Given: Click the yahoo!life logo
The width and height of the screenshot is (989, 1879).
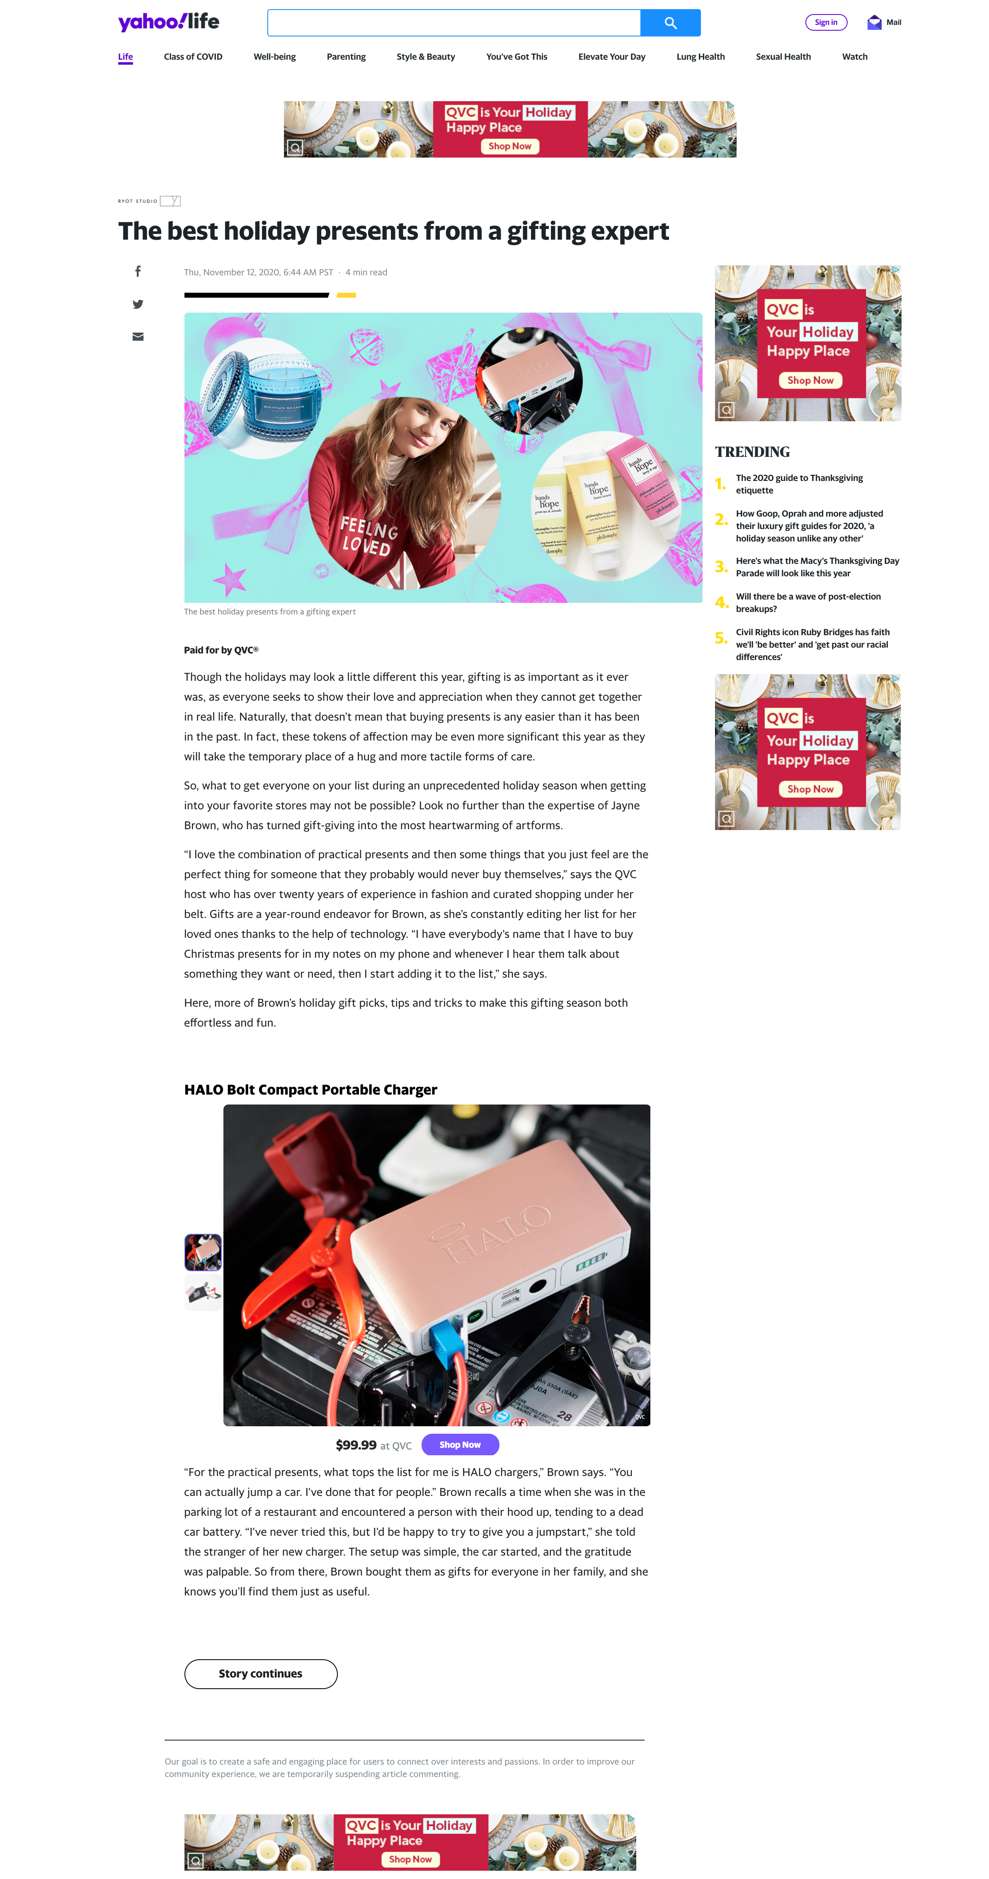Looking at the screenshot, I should click(x=168, y=22).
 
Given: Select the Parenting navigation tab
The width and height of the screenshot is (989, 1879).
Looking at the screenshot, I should click(x=346, y=57).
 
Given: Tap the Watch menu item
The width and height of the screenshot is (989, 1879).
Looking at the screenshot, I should click(x=854, y=57).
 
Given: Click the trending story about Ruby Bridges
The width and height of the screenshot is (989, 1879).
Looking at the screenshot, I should click(x=812, y=644).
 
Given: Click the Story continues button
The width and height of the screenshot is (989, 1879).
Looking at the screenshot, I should click(x=260, y=1673).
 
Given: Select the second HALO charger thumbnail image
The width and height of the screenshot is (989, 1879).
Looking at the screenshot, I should click(x=203, y=1293).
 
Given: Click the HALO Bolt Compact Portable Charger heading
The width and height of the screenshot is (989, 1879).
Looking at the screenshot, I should click(x=310, y=1089).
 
